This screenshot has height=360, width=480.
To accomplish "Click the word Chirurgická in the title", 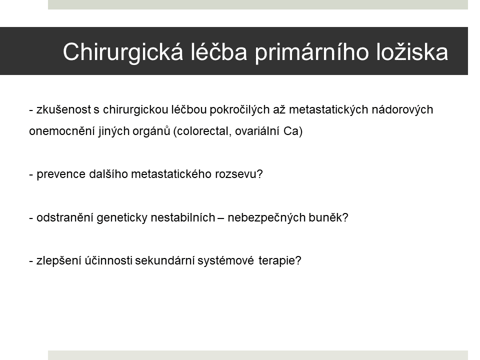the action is tap(123, 52).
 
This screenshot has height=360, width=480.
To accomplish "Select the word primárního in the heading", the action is tap(311, 52).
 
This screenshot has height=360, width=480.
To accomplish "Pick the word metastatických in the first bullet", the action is tap(328, 109).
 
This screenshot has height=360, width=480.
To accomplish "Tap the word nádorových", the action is tap(402, 109).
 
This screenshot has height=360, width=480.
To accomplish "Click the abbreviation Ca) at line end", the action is tap(293, 131).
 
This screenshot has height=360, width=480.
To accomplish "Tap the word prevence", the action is tap(61, 174).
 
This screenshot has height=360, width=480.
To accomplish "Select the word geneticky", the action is tap(122, 217).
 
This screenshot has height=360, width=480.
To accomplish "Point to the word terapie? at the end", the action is tap(280, 261).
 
